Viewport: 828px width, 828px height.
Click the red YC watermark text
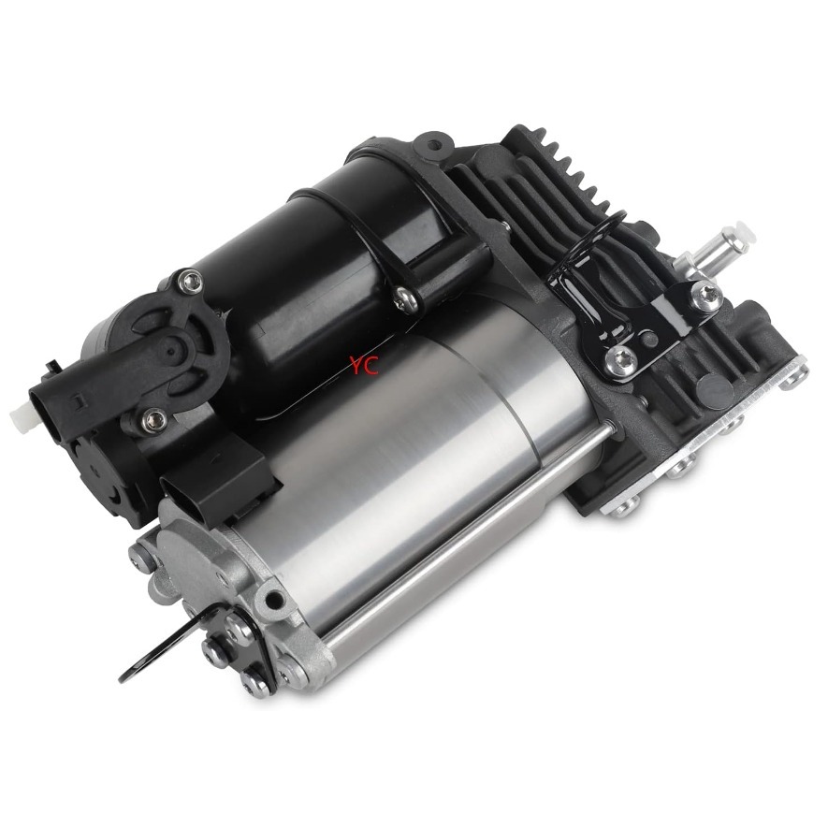pos(364,364)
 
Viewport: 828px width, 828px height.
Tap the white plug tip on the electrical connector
pos(21,413)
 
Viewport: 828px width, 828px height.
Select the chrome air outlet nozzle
pos(719,250)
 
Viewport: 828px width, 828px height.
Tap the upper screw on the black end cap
pos(191,282)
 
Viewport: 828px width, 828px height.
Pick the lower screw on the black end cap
pos(154,420)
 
